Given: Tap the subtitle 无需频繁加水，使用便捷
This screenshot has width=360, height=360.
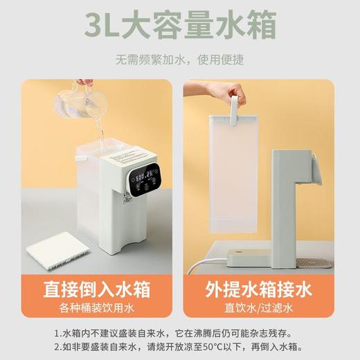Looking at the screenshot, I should tap(180, 60).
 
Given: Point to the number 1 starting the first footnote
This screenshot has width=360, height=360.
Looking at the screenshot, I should tap(56, 331).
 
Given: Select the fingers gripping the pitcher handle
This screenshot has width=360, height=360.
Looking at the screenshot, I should tap(84, 83).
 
